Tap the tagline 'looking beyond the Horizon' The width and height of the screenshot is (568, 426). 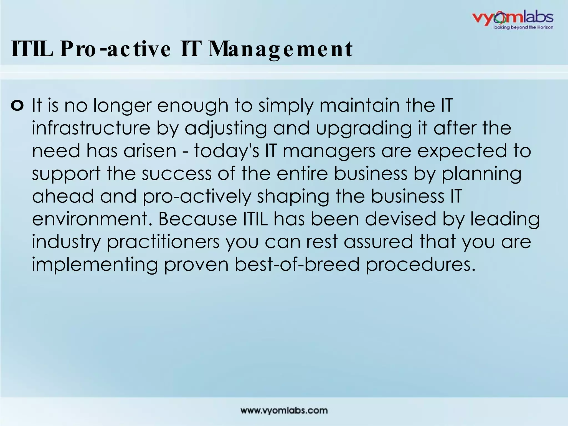click(523, 27)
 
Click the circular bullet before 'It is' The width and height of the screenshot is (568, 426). click(17, 106)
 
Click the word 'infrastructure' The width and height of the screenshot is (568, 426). click(91, 128)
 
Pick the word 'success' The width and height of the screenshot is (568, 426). click(177, 174)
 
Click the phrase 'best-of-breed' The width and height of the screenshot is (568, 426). click(297, 264)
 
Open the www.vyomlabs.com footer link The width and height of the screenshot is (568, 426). click(284, 410)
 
